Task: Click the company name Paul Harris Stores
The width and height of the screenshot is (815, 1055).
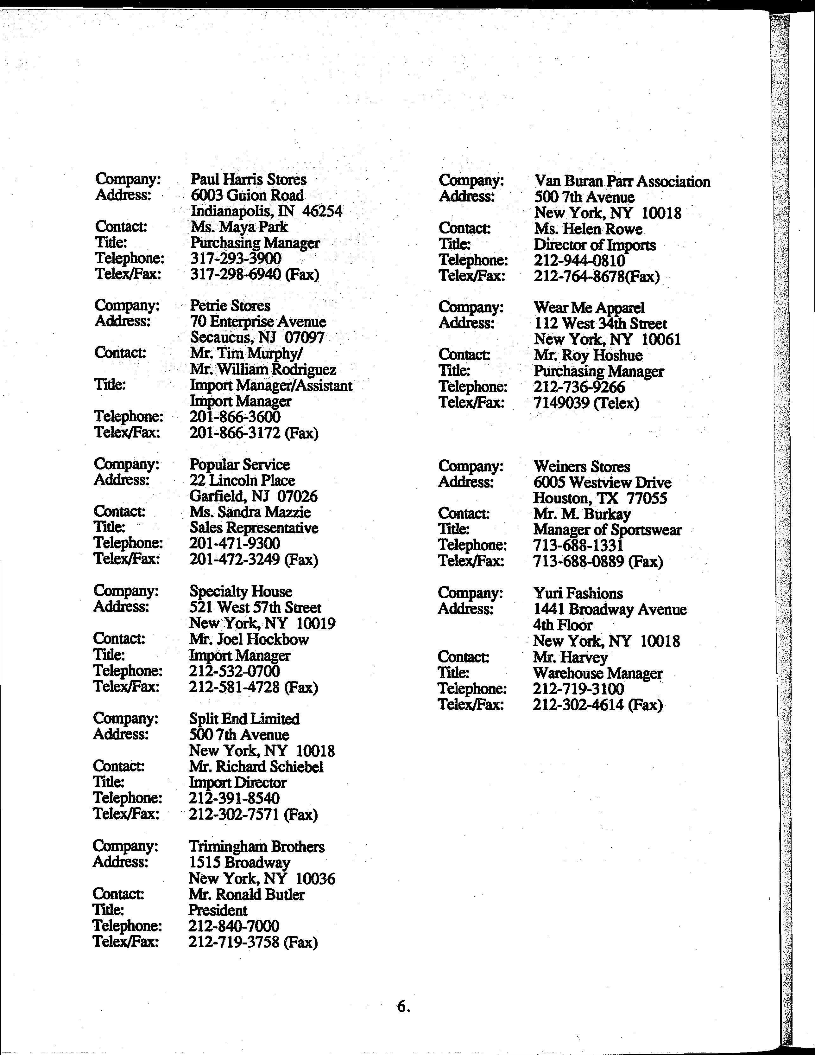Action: (248, 180)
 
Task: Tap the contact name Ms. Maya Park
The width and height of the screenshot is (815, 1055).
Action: (239, 227)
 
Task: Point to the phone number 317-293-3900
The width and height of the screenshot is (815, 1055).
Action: (236, 259)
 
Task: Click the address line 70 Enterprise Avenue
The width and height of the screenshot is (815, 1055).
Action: (258, 322)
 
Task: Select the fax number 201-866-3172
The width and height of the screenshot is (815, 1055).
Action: (235, 433)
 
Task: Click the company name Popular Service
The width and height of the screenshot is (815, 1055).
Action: (239, 465)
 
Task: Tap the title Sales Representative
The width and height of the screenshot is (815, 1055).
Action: (254, 528)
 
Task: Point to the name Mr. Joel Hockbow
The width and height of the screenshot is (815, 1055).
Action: (249, 640)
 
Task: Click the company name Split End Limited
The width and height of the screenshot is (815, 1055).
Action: (244, 719)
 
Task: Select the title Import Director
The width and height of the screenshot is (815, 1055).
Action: (237, 783)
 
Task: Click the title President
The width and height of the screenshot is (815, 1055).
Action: (218, 911)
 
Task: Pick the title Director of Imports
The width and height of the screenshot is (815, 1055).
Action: (594, 245)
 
